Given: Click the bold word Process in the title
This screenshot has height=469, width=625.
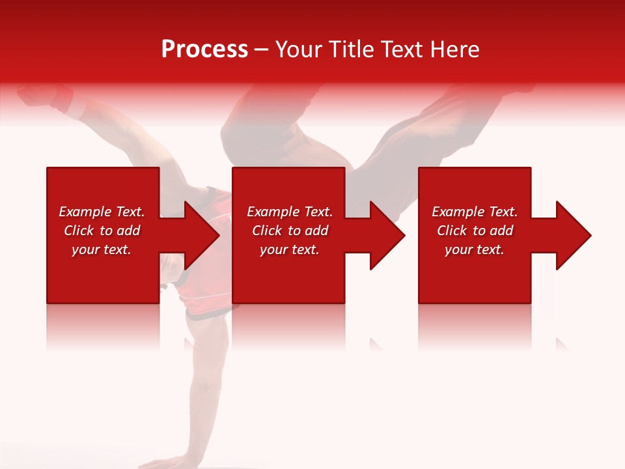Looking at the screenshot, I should pyautogui.click(x=204, y=50).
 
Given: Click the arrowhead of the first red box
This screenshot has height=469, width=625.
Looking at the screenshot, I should pyautogui.click(x=199, y=235).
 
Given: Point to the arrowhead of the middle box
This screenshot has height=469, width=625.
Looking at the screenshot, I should pyautogui.click(x=385, y=235).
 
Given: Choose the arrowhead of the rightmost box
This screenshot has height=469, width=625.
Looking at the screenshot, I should pyautogui.click(x=571, y=235).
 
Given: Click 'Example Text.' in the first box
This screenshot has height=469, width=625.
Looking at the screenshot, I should pyautogui.click(x=102, y=212).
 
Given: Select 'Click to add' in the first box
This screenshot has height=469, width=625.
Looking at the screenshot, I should pyautogui.click(x=102, y=231).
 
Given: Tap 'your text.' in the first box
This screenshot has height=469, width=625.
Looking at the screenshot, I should pyautogui.click(x=102, y=249).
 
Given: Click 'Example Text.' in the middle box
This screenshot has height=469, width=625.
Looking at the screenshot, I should pyautogui.click(x=290, y=212).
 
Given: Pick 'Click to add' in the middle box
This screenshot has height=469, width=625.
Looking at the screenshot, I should pyautogui.click(x=290, y=231).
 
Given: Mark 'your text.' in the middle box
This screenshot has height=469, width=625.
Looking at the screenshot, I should pyautogui.click(x=290, y=249).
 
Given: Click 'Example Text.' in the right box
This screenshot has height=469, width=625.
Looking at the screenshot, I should pyautogui.click(x=475, y=212).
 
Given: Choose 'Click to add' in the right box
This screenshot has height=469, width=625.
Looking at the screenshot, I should pyautogui.click(x=475, y=231).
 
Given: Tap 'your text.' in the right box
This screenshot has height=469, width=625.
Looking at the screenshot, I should pyautogui.click(x=475, y=249).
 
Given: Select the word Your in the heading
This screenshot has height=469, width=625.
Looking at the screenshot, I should pyautogui.click(x=299, y=50).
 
